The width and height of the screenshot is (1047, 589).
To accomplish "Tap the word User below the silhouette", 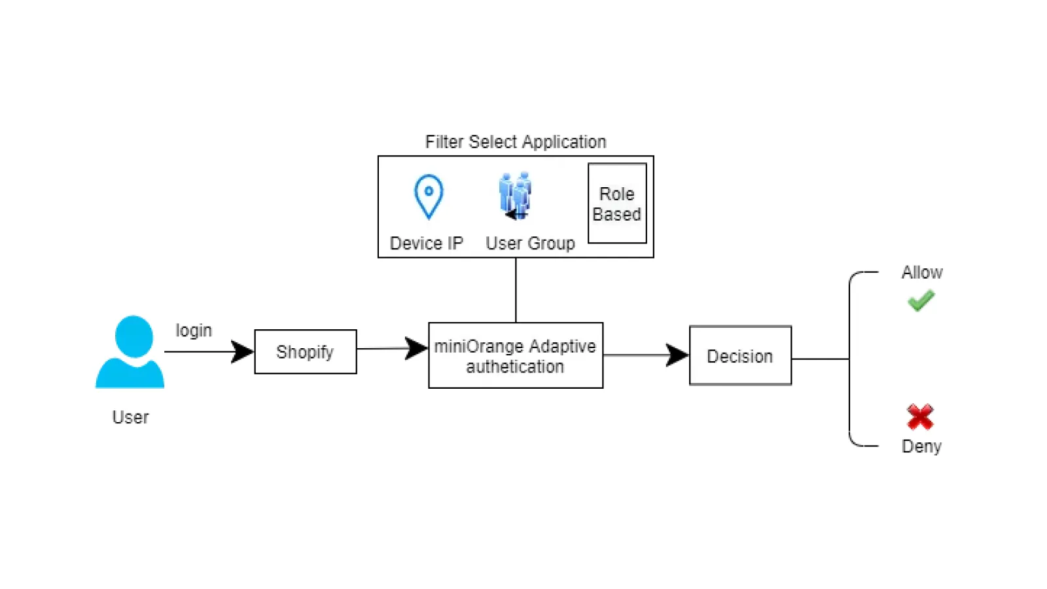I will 130,417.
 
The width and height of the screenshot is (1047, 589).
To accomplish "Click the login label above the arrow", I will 194,330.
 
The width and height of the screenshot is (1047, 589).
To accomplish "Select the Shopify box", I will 305,352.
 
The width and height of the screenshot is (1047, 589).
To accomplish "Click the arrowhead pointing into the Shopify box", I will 243,352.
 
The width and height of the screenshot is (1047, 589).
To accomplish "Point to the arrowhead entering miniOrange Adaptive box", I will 416,348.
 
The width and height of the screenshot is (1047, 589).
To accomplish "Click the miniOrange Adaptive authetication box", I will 516,355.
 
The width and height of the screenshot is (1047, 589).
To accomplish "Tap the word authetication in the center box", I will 515,366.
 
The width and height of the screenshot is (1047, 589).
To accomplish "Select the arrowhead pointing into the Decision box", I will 677,355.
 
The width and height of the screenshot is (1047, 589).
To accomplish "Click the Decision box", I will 740,356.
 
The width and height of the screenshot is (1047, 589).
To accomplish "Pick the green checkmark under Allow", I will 921,301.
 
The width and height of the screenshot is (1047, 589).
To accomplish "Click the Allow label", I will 921,272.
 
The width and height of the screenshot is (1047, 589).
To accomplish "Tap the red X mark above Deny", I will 920,417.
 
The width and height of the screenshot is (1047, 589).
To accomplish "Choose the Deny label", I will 921,446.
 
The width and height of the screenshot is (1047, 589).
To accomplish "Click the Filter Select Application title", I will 516,142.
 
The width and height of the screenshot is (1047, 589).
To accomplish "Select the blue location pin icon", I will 429,196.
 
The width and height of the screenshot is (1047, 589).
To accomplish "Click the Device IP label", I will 426,243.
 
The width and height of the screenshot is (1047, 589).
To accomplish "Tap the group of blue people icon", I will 516,195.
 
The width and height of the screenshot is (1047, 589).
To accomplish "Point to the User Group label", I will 530,243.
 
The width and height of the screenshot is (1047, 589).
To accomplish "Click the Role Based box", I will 617,204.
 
